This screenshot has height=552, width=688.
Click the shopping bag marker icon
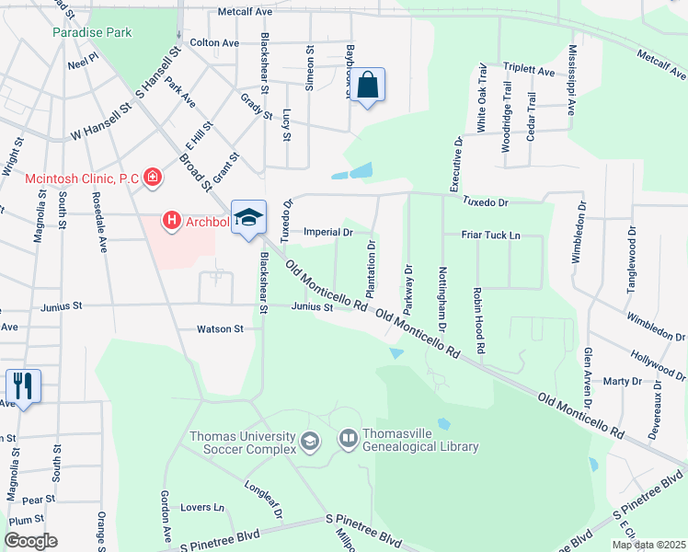pos(367,86)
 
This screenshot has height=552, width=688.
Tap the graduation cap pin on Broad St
pos(248,217)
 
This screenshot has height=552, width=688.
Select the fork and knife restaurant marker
pos(24,385)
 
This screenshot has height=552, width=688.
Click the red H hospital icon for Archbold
pos(171,221)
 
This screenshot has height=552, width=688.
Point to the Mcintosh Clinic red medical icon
pos(152,178)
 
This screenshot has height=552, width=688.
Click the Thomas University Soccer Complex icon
pos(310,443)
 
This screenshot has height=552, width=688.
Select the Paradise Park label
pos(92,33)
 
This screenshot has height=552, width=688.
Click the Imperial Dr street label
pos(328,233)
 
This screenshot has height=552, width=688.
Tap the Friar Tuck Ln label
pos(488,236)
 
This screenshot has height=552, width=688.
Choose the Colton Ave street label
pos(213,43)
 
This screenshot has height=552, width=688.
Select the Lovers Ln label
pos(202,507)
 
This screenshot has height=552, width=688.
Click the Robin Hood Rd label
pos(478,320)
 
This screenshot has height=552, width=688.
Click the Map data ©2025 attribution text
pos(648,545)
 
